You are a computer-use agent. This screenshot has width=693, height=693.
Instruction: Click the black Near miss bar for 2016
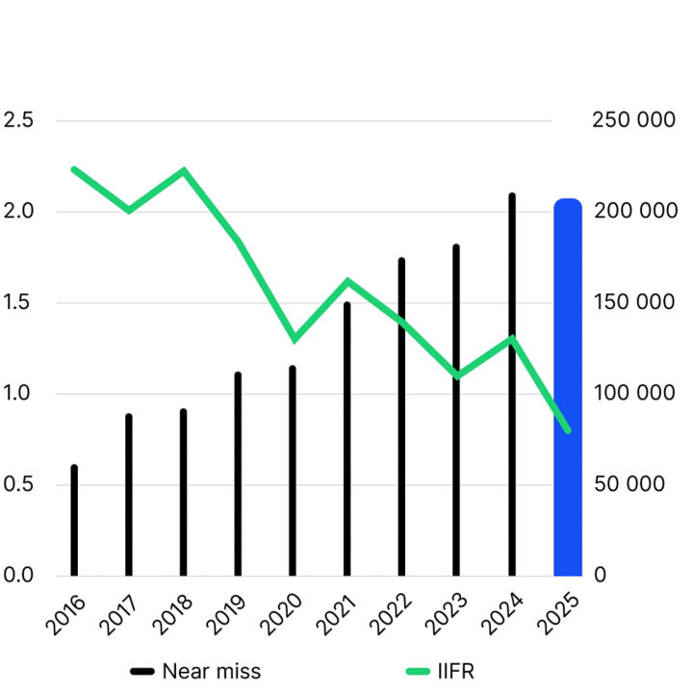(x=74, y=521)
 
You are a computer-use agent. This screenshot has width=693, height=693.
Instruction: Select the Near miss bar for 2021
(x=347, y=439)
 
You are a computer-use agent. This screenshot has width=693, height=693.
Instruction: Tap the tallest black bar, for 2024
(x=512, y=385)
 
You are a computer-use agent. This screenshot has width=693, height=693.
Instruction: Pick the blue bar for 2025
(x=568, y=387)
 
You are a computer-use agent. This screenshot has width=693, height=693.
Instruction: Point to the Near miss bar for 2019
(x=238, y=474)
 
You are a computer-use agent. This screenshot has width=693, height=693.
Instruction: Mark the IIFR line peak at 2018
(x=184, y=170)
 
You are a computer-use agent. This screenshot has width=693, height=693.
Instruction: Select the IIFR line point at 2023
(x=457, y=375)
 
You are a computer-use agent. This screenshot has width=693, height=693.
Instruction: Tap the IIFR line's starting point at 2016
(x=74, y=169)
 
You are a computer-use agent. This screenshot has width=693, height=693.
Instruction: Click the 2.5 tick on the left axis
(x=18, y=120)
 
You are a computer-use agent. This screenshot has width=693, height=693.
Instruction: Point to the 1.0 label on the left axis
(x=18, y=393)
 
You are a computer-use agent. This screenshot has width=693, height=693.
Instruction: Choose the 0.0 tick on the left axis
(x=18, y=575)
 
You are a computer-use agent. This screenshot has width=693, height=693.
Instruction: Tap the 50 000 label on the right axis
(x=630, y=483)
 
